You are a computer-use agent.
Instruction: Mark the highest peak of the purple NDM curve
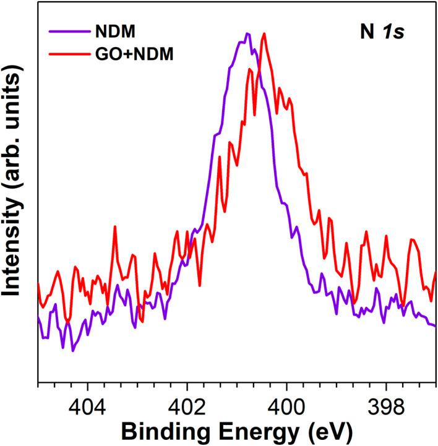(247, 33)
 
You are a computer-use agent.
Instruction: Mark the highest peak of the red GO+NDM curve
(265, 33)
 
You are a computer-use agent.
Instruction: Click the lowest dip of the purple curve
(73, 351)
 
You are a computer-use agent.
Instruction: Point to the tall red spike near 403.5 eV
(115, 227)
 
